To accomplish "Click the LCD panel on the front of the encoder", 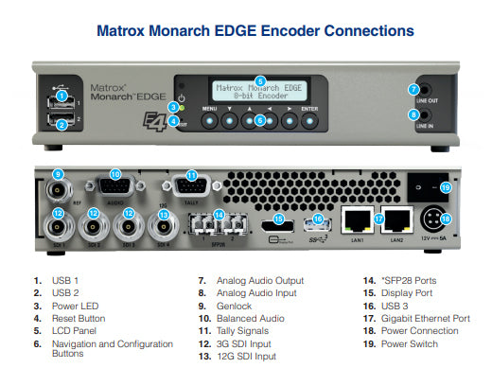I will pyautogui.click(x=259, y=92).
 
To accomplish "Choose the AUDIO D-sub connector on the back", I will pyautogui.click(x=115, y=185).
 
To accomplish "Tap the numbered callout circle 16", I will pyautogui.click(x=318, y=219).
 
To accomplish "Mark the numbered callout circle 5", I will pyautogui.click(x=260, y=80).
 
